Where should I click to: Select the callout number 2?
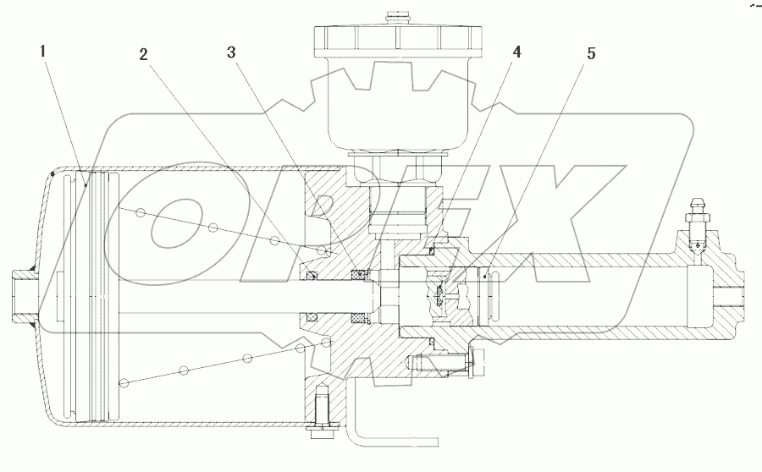coord(145,54)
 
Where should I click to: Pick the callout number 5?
coord(591,54)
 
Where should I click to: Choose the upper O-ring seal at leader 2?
coord(312,273)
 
